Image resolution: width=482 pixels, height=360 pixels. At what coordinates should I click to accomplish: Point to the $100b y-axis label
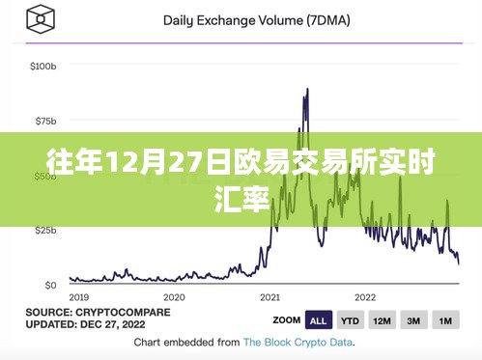[x=44, y=67]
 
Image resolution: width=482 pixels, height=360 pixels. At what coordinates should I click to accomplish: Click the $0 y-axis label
[x=50, y=285]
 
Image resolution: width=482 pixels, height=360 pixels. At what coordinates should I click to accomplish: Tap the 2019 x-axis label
[x=79, y=297]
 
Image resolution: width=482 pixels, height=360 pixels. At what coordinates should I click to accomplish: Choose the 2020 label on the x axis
[x=174, y=297]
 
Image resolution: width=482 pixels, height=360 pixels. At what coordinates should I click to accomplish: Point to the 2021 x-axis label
[x=269, y=297]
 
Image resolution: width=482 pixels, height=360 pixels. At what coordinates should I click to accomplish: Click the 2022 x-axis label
[x=365, y=297]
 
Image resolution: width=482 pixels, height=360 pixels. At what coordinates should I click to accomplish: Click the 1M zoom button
[x=445, y=319]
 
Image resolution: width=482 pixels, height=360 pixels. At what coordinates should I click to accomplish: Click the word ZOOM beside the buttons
[x=286, y=319]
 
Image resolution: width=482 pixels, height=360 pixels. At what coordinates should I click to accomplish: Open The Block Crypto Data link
[x=298, y=342]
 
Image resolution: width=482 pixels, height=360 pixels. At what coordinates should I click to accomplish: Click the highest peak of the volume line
[x=306, y=90]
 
